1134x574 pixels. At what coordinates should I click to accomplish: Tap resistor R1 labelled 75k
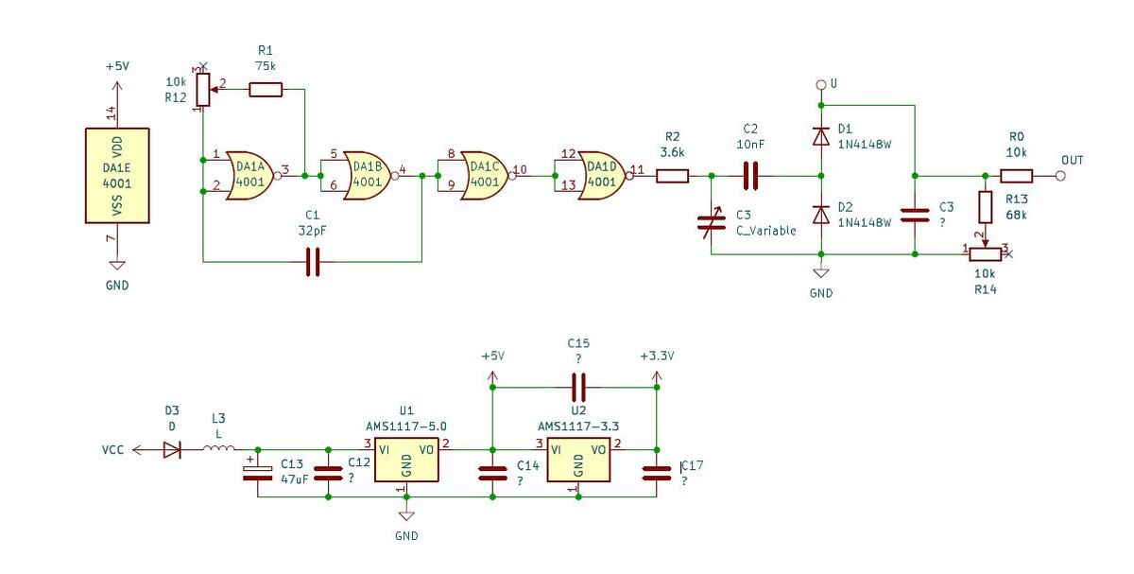[266, 90]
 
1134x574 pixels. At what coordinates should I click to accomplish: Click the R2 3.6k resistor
[672, 175]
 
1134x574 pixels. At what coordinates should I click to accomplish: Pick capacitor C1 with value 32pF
[313, 262]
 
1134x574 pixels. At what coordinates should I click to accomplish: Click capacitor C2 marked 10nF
[751, 175]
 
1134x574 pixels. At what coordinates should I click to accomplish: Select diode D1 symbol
[820, 136]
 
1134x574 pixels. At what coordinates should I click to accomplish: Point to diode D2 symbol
[820, 215]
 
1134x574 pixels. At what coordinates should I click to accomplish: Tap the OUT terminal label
[1073, 159]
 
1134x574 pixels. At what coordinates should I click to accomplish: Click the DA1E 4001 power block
[117, 175]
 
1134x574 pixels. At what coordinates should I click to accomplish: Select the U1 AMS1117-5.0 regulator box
[406, 460]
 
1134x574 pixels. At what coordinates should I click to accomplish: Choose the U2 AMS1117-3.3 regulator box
[578, 460]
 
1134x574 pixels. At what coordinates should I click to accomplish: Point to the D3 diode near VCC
[171, 450]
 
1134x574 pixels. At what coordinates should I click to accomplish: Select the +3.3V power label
[655, 357]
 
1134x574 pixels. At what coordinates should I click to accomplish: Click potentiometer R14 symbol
[986, 253]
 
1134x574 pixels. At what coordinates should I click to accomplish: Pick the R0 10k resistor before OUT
[1017, 175]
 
